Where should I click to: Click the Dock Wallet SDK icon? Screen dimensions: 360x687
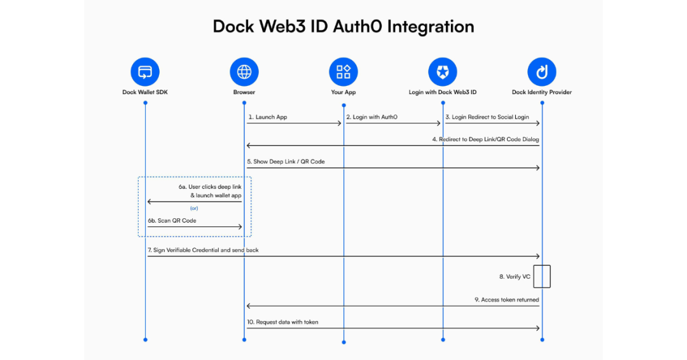(145, 72)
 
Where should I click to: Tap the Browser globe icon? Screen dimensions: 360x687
(244, 72)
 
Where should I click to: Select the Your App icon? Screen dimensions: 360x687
(343, 72)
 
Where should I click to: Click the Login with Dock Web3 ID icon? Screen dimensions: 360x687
(443, 72)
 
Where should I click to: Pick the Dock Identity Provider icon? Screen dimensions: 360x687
(542, 72)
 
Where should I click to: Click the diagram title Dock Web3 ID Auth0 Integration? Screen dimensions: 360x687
(343, 27)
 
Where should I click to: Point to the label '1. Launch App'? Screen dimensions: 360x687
(267, 117)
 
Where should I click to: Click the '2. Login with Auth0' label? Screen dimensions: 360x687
(371, 117)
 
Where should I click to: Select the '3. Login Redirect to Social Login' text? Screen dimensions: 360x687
(487, 117)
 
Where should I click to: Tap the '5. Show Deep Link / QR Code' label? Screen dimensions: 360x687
(286, 162)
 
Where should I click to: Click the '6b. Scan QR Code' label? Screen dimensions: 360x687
(172, 221)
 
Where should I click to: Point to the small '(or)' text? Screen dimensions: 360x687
(195, 208)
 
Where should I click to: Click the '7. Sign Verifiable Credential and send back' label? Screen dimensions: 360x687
(203, 250)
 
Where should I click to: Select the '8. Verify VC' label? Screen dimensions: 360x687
(514, 277)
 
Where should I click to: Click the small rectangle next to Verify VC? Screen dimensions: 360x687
(542, 277)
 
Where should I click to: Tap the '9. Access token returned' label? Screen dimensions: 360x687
(506, 300)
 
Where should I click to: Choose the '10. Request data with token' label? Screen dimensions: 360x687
(282, 322)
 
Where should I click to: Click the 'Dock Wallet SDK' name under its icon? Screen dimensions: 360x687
(145, 92)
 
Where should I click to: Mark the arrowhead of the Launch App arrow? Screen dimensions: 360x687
(340, 123)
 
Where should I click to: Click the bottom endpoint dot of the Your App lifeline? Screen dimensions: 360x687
(343, 342)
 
